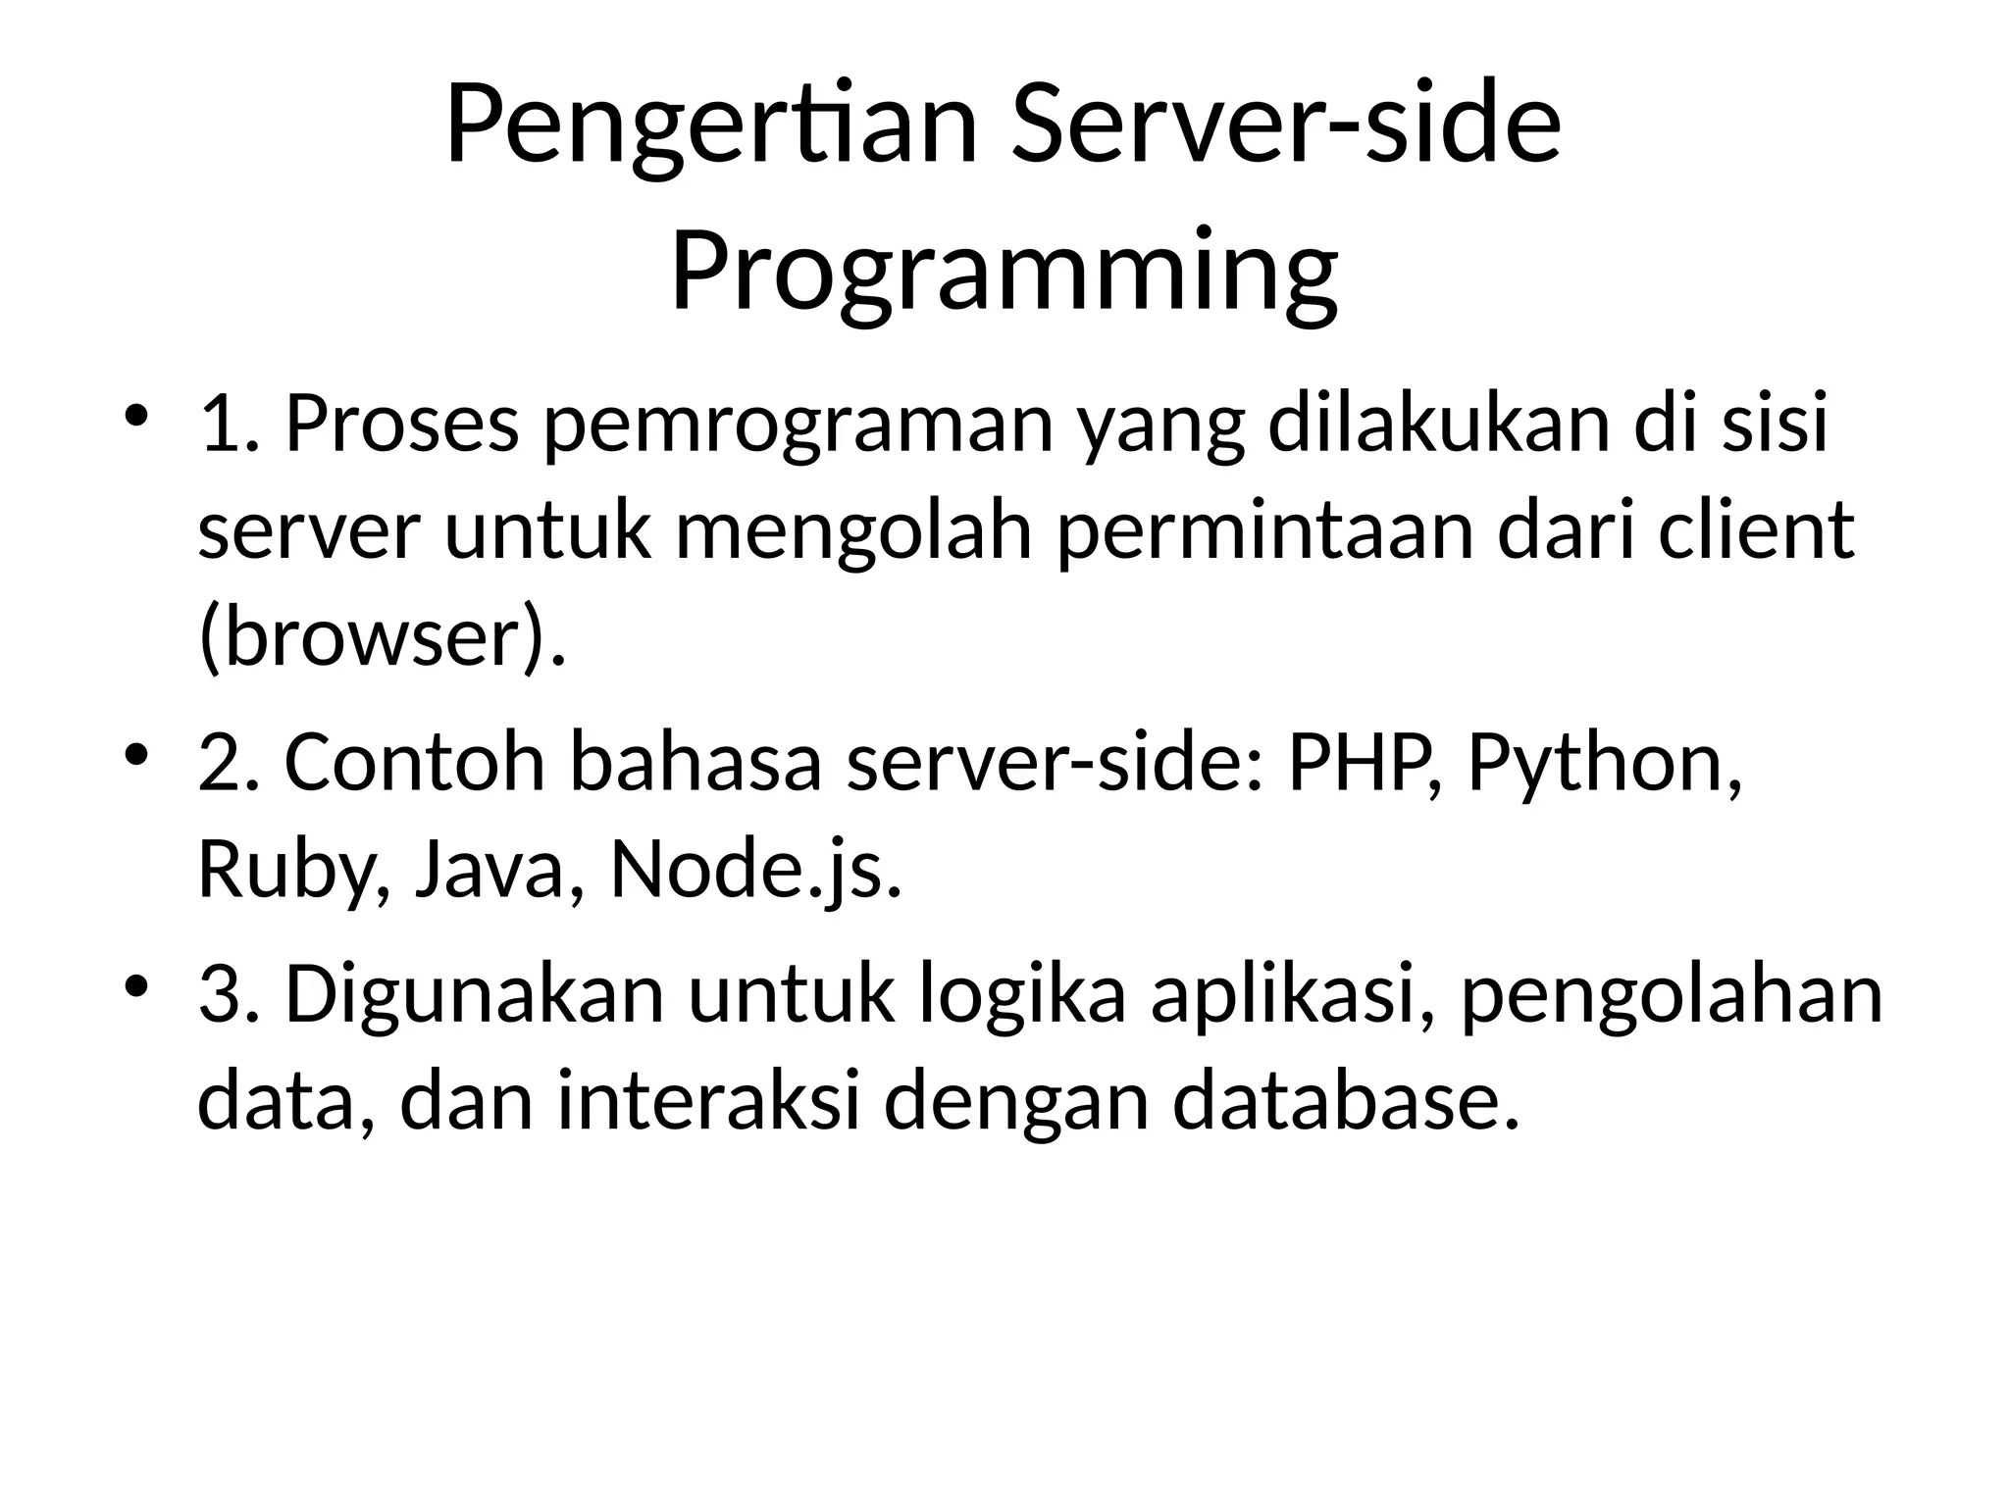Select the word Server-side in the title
(x=1285, y=127)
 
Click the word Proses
(x=401, y=426)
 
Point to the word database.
(x=1347, y=1101)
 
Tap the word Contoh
(x=414, y=763)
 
